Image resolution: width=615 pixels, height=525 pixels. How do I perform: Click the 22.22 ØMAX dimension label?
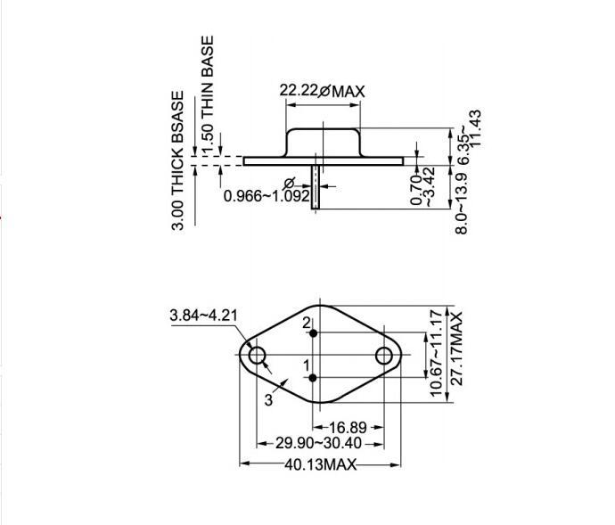click(x=322, y=91)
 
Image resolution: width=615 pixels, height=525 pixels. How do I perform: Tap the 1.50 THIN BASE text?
click(x=208, y=96)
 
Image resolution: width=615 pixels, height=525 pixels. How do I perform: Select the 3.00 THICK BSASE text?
click(x=177, y=160)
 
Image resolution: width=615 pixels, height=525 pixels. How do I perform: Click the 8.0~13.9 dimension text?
click(x=462, y=203)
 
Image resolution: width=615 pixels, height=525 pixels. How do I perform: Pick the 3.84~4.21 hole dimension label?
click(x=203, y=315)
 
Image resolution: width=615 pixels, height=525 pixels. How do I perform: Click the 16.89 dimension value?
click(x=348, y=427)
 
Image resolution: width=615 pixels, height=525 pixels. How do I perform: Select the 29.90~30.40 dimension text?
click(x=318, y=443)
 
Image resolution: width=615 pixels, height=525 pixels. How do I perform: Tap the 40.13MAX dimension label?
click(x=321, y=464)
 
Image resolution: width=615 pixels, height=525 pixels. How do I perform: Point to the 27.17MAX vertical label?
click(x=456, y=349)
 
